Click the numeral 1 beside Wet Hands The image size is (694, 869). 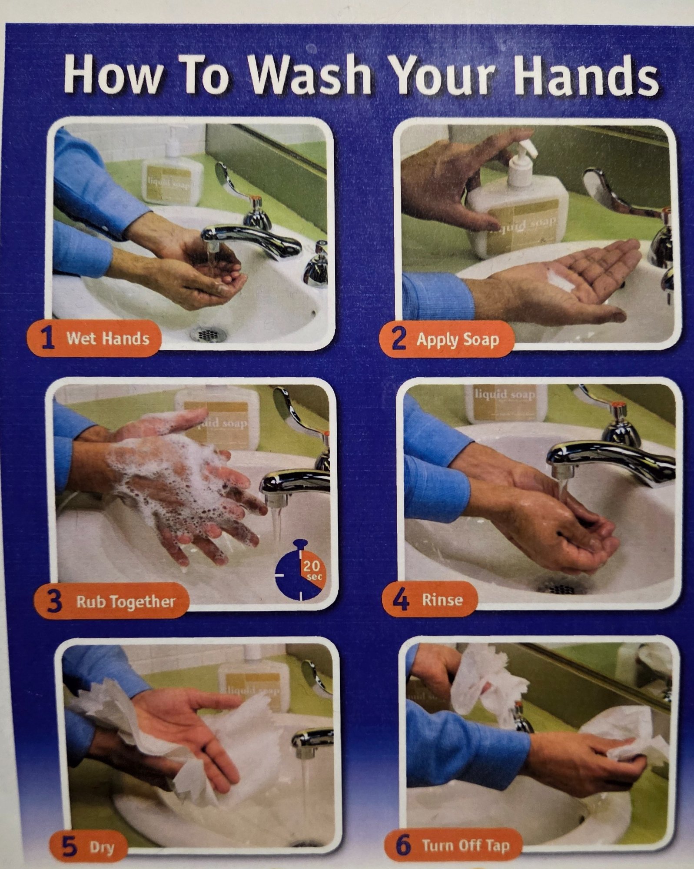coord(48,338)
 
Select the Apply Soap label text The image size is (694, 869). coord(458,339)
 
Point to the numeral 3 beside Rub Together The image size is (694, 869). coord(54,601)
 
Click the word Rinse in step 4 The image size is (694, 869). coord(442,600)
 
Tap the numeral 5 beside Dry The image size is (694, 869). coord(70,846)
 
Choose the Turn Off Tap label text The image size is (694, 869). coord(465,845)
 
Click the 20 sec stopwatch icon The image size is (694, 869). coord(299,570)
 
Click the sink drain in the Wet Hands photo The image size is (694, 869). coord(208,334)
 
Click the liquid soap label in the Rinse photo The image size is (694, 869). coord(505,395)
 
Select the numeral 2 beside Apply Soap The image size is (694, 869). coord(399,338)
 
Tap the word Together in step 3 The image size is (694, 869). coord(142,602)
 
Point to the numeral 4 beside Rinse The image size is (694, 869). coord(401,600)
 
